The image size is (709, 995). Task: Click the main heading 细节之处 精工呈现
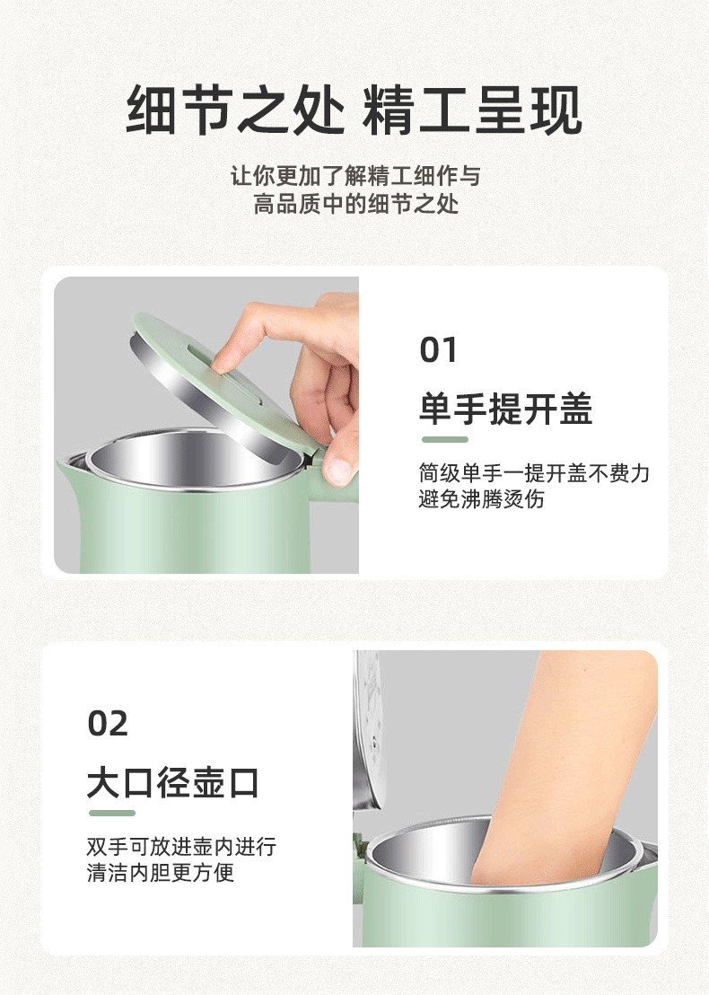[354, 110]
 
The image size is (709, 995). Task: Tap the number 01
[438, 350]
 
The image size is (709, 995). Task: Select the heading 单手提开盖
[505, 409]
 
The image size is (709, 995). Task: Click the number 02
[108, 724]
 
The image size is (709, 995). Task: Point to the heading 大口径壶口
[173, 782]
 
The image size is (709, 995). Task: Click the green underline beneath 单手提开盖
[445, 440]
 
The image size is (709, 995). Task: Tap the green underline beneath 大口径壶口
[112, 814]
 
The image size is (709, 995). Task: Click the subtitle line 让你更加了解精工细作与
[355, 176]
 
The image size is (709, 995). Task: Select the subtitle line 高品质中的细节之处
[355, 205]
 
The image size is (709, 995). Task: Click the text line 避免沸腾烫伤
[482, 499]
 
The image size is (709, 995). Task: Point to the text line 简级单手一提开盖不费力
[534, 472]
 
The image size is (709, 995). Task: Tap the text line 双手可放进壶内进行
[181, 847]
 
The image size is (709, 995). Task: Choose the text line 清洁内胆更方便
[161, 873]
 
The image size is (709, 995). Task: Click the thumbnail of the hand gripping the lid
[206, 425]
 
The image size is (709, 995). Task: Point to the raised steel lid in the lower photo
[368, 730]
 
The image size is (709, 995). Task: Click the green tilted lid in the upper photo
[228, 387]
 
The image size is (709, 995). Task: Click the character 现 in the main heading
[556, 110]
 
